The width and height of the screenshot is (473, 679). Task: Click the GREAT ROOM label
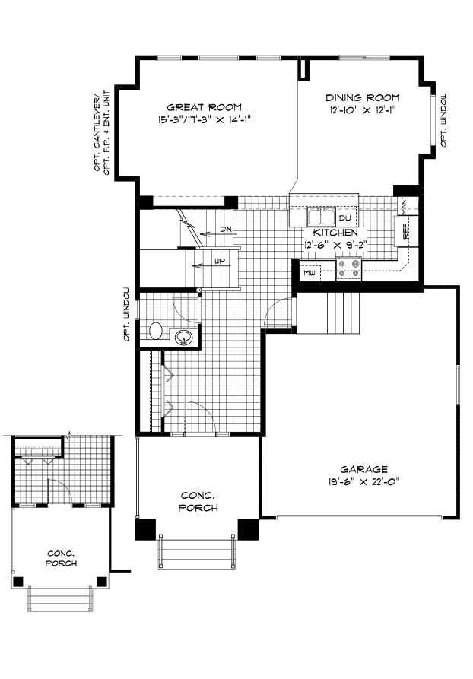point(204,106)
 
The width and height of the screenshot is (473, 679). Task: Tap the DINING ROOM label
point(362,98)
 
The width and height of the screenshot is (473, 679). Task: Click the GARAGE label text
point(363,469)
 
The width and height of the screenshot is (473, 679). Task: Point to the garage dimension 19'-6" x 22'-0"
point(363,481)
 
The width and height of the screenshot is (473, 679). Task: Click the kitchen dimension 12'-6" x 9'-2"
point(335,246)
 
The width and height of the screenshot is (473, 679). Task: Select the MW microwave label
point(310,272)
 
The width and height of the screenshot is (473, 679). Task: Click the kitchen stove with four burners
point(351,267)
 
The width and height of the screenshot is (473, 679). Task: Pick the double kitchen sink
point(322,214)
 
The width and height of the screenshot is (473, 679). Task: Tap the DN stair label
point(226,229)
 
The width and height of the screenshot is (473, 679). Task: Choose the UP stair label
point(219,262)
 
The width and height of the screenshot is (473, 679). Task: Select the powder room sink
point(183,337)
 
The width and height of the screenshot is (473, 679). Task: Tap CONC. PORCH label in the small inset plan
point(60,558)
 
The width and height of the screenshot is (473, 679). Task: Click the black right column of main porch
point(248,528)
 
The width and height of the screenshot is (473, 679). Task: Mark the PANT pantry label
point(405,205)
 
